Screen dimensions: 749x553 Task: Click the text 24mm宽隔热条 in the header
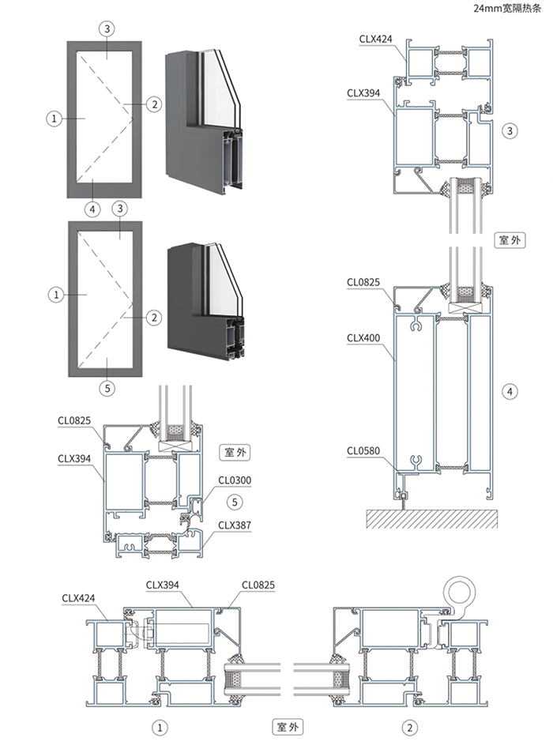pos(508,9)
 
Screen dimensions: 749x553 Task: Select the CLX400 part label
pos(363,338)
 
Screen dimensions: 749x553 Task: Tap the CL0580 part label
pos(363,451)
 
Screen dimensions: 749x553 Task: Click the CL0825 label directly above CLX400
pos(363,281)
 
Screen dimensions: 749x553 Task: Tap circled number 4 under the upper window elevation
pos(93,209)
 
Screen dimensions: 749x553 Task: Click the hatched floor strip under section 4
pos(431,518)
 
